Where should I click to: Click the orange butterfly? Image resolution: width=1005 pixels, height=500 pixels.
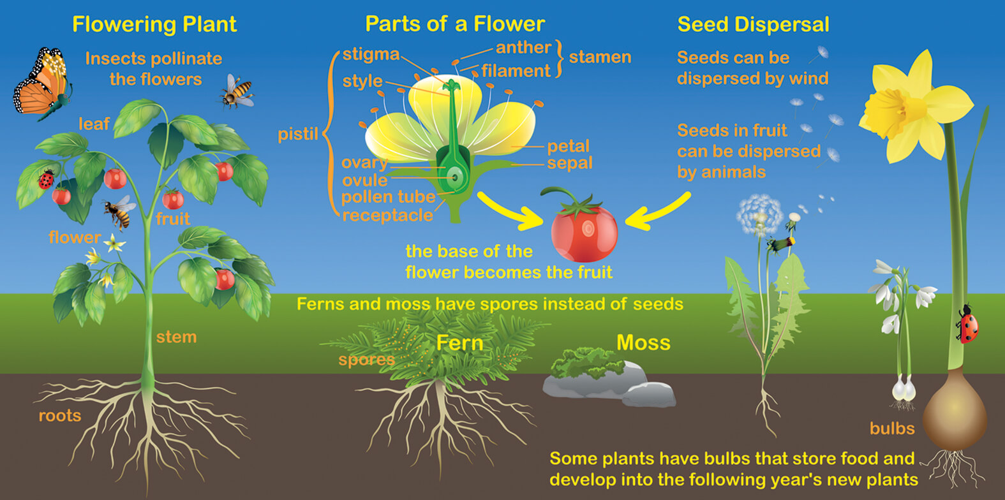(43, 83)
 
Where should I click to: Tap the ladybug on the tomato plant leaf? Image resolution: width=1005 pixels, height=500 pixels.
(46, 179)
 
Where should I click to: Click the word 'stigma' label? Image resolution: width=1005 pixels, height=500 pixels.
(371, 54)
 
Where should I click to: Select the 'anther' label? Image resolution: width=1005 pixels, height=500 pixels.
(523, 48)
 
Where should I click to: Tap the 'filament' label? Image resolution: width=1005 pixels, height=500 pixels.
(516, 71)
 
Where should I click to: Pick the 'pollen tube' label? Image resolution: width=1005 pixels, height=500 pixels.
(389, 197)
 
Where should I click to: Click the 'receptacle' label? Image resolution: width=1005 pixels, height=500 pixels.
(388, 216)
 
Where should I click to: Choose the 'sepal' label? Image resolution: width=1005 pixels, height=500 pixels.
(570, 163)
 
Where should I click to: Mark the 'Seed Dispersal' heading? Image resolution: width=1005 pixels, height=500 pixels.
(754, 24)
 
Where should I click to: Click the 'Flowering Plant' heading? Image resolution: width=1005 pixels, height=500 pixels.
(154, 24)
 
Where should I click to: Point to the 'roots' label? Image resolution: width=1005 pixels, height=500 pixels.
(60, 416)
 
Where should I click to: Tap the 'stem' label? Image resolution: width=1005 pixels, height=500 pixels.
(176, 337)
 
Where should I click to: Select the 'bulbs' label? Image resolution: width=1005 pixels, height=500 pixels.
(892, 428)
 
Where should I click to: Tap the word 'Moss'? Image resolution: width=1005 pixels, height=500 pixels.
(643, 342)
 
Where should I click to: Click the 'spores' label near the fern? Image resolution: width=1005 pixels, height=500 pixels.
(366, 360)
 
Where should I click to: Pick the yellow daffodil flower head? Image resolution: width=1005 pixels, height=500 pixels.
(915, 108)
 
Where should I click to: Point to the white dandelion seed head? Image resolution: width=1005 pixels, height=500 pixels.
(759, 215)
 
